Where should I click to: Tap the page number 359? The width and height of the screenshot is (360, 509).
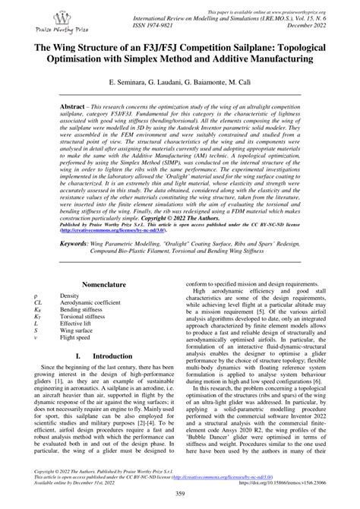click(x=180, y=495)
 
